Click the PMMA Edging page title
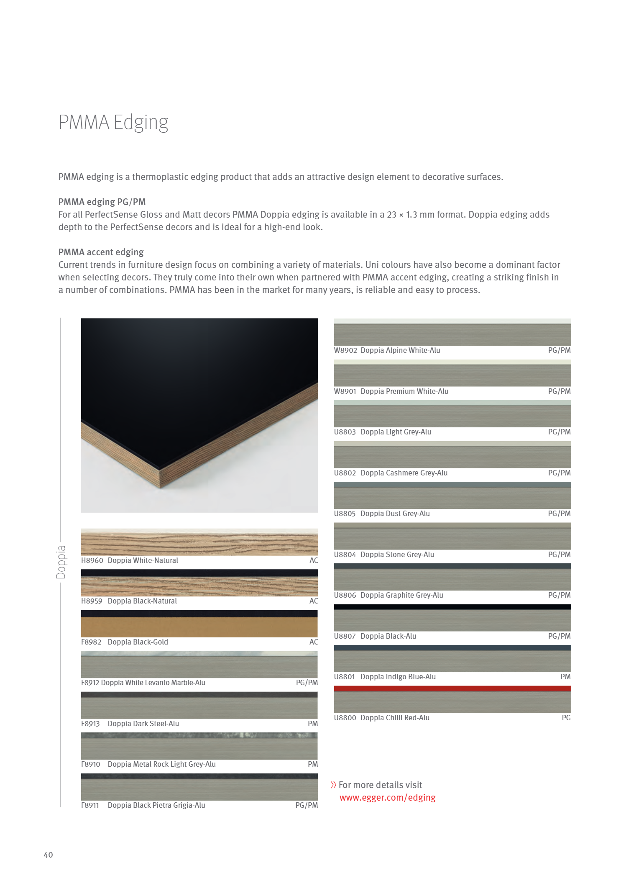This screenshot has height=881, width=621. click(113, 122)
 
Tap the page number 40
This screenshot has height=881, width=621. click(48, 855)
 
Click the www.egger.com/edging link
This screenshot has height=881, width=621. click(387, 797)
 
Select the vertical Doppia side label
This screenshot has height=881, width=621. click(61, 562)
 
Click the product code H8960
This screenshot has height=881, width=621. click(92, 560)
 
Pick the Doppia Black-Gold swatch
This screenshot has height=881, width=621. click(199, 624)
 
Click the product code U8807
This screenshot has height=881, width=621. click(345, 636)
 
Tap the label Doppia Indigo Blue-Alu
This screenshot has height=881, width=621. click(398, 677)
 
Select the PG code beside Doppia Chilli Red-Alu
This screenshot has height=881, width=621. click(566, 718)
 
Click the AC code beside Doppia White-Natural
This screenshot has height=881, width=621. click(314, 560)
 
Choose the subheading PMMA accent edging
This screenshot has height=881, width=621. click(101, 252)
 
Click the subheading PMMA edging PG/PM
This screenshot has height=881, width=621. click(102, 202)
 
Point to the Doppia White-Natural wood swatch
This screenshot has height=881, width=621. click(199, 542)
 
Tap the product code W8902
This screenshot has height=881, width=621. click(345, 350)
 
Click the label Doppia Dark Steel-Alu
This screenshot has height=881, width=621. click(143, 724)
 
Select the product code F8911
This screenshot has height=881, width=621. click(90, 805)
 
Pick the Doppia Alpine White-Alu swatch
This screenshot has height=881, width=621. click(452, 332)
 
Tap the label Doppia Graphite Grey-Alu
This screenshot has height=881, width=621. click(401, 595)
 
